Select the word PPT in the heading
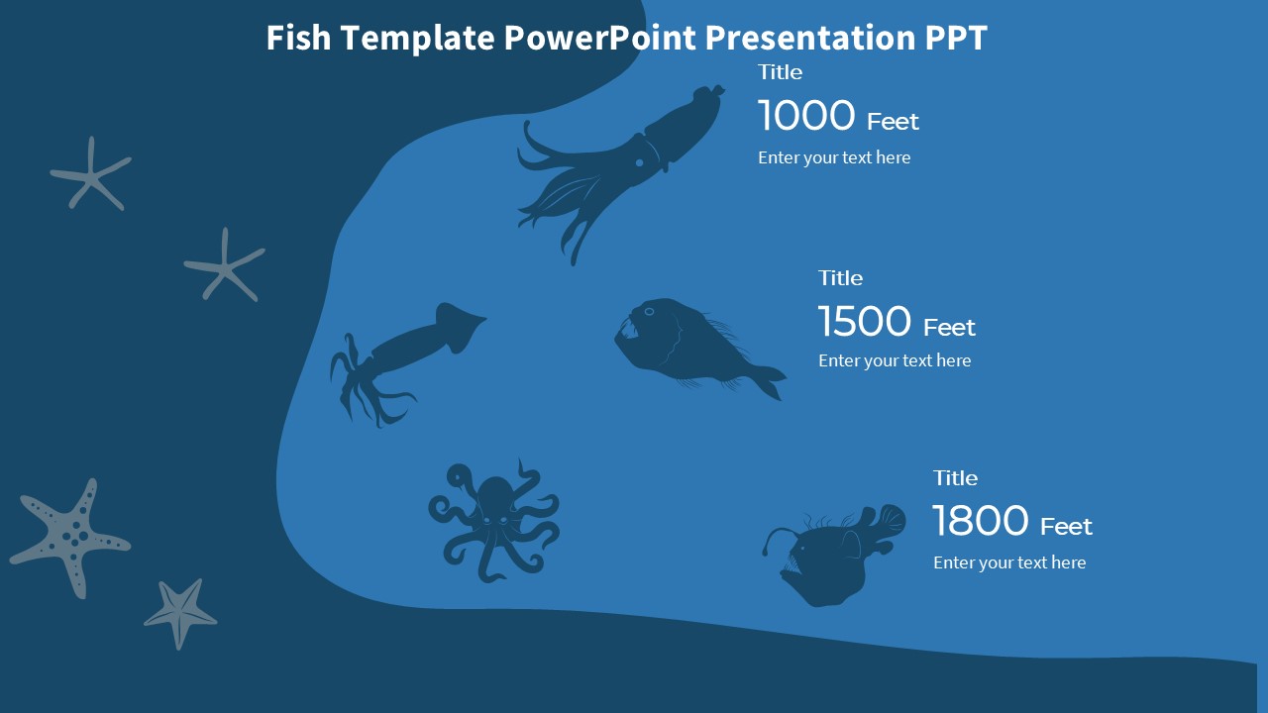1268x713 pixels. pyautogui.click(x=956, y=38)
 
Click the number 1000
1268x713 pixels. pyautogui.click(x=806, y=116)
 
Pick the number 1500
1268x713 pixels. pyautogui.click(x=865, y=322)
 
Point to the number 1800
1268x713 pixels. pyautogui.click(x=981, y=521)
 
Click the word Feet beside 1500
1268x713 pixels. pyautogui.click(x=949, y=327)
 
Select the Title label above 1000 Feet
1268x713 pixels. pyautogui.click(x=780, y=72)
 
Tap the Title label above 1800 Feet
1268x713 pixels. pyautogui.click(x=955, y=478)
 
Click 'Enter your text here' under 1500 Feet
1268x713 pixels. pyautogui.click(x=895, y=360)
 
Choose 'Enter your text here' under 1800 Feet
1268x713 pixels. pyautogui.click(x=1009, y=562)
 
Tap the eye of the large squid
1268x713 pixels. pyautogui.click(x=640, y=162)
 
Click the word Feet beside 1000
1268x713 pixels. pyautogui.click(x=893, y=122)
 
